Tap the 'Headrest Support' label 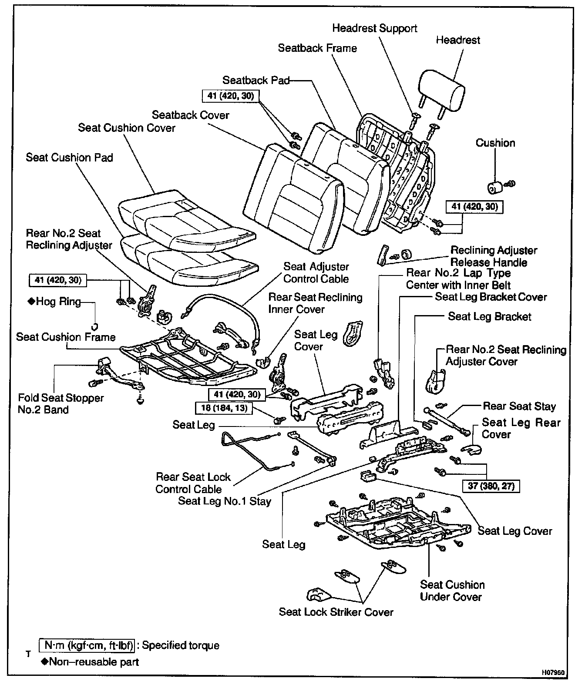click(x=374, y=28)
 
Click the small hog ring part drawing click(x=94, y=326)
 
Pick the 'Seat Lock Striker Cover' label click(x=336, y=612)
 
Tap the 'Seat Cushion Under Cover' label click(x=452, y=591)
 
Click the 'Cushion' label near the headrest click(x=495, y=143)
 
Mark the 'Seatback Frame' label click(x=317, y=48)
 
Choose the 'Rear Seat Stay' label click(x=519, y=406)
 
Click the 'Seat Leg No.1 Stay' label click(x=225, y=501)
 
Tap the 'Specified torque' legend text click(x=181, y=645)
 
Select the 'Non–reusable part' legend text click(x=94, y=662)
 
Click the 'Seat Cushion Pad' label click(x=69, y=157)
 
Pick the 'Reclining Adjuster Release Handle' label click(x=493, y=256)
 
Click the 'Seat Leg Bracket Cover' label click(x=491, y=297)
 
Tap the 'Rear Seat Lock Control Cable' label click(x=193, y=483)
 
